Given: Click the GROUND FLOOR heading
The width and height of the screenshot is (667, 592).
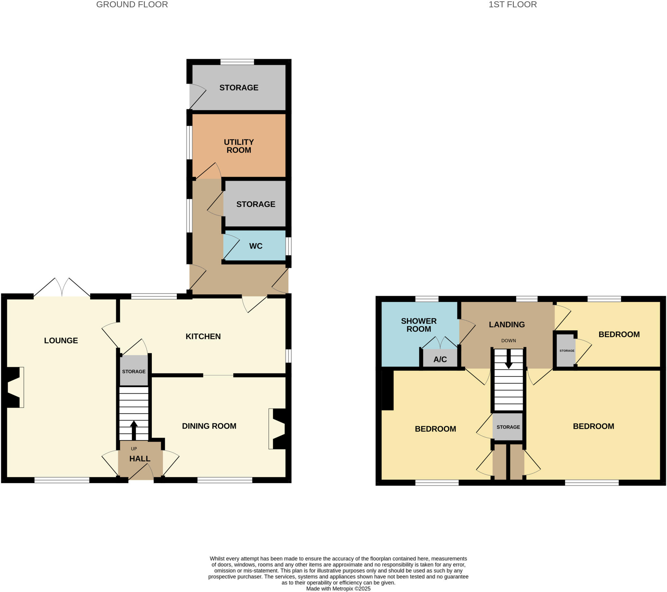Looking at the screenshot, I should pos(132,5).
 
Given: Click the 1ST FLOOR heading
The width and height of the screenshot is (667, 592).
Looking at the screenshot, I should pos(512,5).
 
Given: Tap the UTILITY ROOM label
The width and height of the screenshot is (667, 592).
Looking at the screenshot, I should pos(238,146).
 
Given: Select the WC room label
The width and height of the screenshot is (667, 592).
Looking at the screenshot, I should pos(256,246).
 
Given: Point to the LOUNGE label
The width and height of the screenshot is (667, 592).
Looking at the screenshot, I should pos(61,340).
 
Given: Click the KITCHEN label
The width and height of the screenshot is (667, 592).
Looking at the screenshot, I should pos(203,336).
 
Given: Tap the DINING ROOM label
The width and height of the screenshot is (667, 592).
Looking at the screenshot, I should pos(209,426).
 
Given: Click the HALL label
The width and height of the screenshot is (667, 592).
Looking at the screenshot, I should pos(140,458).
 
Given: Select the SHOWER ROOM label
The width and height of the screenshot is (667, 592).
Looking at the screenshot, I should pos(419,325).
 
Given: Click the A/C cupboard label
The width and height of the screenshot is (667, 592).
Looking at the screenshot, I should pos(440,359).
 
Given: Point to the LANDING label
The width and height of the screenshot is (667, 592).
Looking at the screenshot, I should pos(506,324).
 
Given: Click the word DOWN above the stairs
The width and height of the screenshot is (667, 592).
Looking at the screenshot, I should pos(508,340).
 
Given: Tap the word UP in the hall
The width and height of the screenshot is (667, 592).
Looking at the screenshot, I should pos(134,449).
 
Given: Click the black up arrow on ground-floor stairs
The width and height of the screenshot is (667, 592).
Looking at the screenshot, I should pos(134,429).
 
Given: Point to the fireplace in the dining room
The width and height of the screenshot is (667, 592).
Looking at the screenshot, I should pos(278,429).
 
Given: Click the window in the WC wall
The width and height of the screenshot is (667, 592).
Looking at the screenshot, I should pos(289,246).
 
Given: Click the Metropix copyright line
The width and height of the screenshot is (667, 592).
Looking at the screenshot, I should pos(338,589).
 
